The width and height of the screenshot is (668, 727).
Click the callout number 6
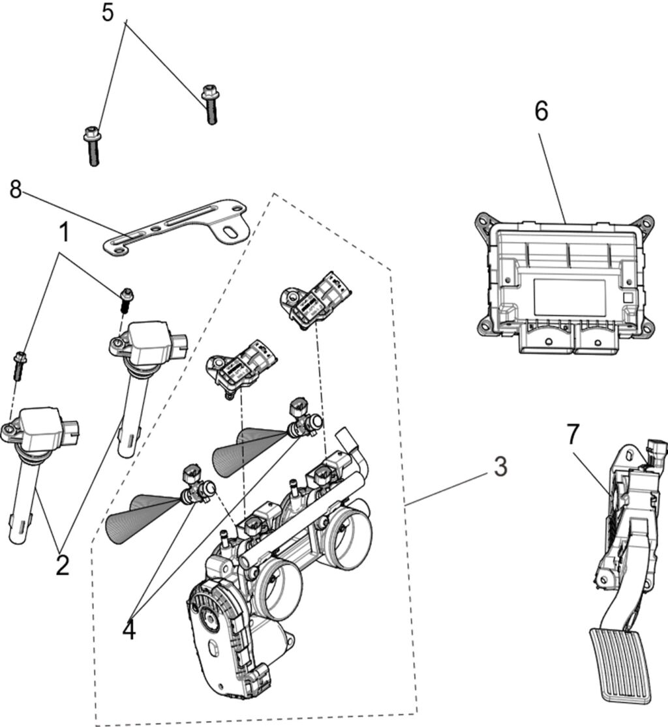[x=541, y=111]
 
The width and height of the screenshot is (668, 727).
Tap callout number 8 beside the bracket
[x=16, y=190]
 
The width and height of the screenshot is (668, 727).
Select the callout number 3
[x=499, y=467]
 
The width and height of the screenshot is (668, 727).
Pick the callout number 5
[x=108, y=12]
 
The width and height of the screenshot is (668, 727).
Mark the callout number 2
[x=62, y=565]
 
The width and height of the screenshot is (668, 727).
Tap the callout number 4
[x=130, y=629]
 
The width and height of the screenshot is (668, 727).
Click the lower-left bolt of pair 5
[x=92, y=147]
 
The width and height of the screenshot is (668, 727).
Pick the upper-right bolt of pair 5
[x=209, y=104]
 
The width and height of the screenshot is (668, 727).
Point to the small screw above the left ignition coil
[x=20, y=364]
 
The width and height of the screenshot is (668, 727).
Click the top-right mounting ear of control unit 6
[x=646, y=224]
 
